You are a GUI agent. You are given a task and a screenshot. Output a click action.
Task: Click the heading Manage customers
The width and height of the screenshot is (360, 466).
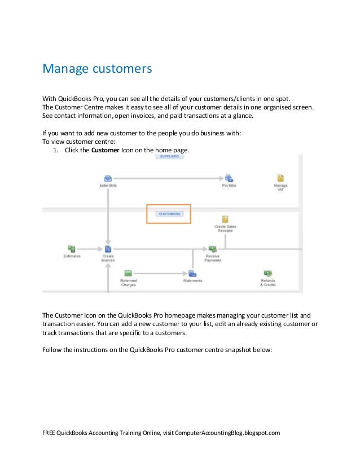pos(98,69)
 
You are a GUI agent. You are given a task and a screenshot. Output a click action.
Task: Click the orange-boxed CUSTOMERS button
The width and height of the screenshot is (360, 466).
pos(169,214)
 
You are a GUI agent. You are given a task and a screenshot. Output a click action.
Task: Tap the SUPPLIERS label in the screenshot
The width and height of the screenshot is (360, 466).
pos(169,156)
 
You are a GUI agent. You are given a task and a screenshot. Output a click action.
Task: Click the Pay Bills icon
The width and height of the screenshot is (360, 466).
pos(229,178)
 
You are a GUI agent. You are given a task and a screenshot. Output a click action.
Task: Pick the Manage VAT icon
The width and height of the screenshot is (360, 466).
pos(280,178)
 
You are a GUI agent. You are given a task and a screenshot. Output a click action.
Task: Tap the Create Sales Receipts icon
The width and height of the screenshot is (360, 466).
pos(225,219)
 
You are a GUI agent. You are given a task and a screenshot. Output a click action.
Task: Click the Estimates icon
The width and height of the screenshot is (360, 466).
pos(72,248)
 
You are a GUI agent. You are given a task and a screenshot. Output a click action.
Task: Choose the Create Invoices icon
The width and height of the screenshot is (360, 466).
pos(108,249)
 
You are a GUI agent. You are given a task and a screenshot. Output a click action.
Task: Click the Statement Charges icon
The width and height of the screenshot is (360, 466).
pos(128,273)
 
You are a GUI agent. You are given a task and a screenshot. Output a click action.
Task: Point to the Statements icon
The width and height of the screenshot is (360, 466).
pos(192,273)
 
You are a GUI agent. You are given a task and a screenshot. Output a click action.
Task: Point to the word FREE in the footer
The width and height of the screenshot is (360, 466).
pos(50,433)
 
